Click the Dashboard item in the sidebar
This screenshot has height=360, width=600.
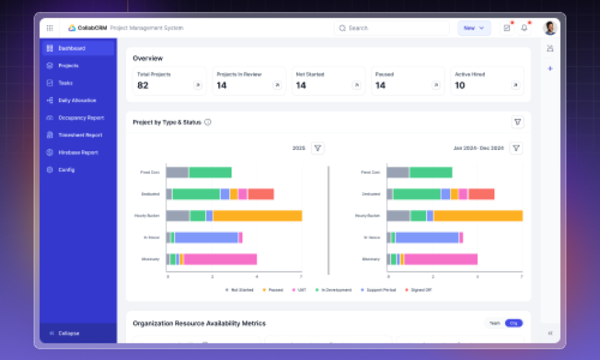[x=72, y=48]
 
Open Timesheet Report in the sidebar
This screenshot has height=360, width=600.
[x=80, y=135]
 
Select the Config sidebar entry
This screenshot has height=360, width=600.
[x=66, y=170]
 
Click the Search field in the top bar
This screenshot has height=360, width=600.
[x=392, y=28]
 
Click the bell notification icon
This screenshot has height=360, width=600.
[x=524, y=28]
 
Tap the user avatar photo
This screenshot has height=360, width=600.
[x=549, y=28]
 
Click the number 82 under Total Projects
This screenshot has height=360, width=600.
[x=143, y=85]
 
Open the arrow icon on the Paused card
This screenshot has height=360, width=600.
[x=435, y=85]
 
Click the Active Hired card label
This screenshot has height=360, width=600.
[x=470, y=74]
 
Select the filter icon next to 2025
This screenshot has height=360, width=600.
[x=318, y=148]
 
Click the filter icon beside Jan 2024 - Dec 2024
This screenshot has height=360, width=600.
[x=516, y=148]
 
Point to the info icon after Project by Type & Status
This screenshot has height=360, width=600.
[x=208, y=122]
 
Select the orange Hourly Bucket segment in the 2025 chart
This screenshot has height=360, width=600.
[x=257, y=216]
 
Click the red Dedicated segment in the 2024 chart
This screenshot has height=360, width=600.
[x=481, y=194]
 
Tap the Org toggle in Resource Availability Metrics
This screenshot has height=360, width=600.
[x=513, y=323]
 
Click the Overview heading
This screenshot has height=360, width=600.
[x=147, y=58]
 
